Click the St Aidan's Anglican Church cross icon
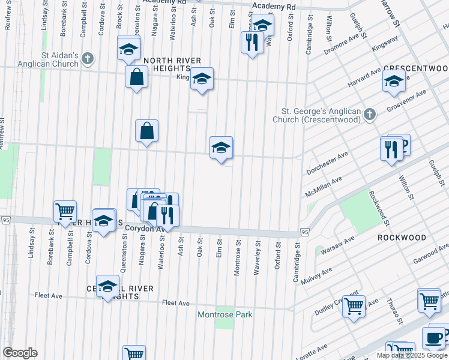pos(88,59)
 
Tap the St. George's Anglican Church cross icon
pos(370,114)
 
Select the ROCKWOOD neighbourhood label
pos(402,238)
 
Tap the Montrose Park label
pos(225,315)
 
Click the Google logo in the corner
pos(20,353)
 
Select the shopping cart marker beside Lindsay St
pos(65,212)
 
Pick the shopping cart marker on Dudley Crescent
pos(354,306)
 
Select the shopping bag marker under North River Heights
pos(137,77)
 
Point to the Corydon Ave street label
pos(144,229)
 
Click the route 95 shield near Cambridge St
pos(305,232)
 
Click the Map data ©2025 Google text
pos(411,355)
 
